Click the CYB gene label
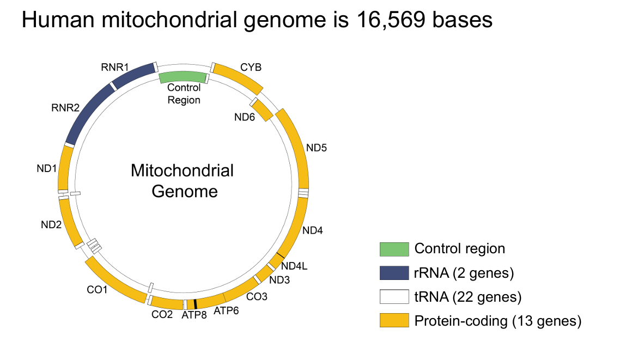pyautogui.click(x=251, y=68)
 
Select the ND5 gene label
pyautogui.click(x=316, y=148)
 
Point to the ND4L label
pyautogui.click(x=295, y=266)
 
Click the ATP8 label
pyautogui.click(x=194, y=315)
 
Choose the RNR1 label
pyautogui.click(x=114, y=67)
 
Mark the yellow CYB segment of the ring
pyautogui.click(x=238, y=77)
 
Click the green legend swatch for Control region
pyautogui.click(x=394, y=249)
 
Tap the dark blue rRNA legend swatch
pyautogui.click(x=394, y=273)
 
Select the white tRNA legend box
pyautogui.click(x=394, y=297)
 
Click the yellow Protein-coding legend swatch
pyautogui.click(x=394, y=321)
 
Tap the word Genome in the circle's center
pyautogui.click(x=184, y=192)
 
